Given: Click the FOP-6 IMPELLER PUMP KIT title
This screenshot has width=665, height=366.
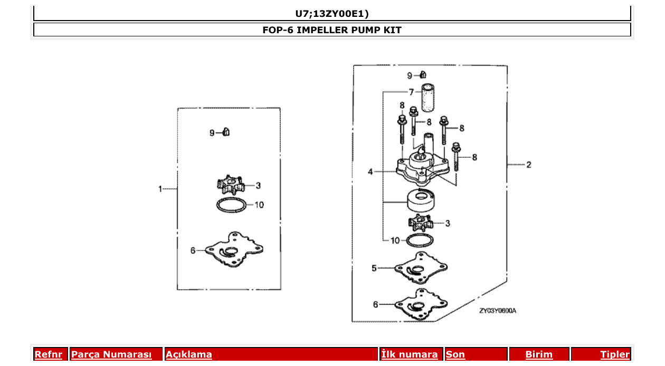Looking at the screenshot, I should (332, 30).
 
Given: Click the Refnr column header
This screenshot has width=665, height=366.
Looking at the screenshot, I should (48, 354).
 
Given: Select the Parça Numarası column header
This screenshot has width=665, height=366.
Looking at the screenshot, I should (111, 354).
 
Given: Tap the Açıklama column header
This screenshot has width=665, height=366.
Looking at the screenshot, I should (189, 354).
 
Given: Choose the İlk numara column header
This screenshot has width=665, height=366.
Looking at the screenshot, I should (410, 354).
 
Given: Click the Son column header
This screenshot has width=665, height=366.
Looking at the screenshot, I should (455, 354).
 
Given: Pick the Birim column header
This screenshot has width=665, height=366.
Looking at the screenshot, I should (539, 354).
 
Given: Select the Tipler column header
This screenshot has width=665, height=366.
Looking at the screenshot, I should (615, 354).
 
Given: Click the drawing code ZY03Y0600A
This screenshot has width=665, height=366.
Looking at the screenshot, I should (497, 311).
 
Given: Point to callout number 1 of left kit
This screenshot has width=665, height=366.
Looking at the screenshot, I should (161, 188).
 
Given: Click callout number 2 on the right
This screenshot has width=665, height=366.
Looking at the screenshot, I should (528, 165).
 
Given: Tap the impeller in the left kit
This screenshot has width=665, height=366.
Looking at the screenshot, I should (231, 185).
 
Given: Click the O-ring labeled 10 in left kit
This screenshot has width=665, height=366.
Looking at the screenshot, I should (232, 205).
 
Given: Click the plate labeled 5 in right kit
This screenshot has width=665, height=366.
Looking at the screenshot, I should (421, 267).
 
